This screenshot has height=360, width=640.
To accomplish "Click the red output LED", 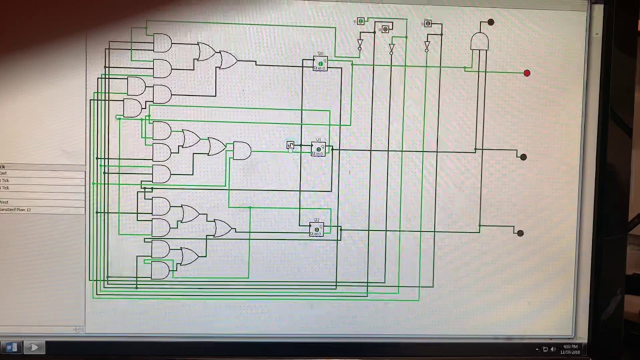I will pyautogui.click(x=526, y=73).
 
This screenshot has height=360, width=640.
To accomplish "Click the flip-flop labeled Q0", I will pyautogui.click(x=320, y=64).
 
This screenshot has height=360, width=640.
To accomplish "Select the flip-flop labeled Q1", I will pyautogui.click(x=318, y=149).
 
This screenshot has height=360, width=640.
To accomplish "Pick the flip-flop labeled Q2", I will pyautogui.click(x=316, y=229).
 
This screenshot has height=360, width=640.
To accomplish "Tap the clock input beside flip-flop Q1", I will pyautogui.click(x=290, y=145).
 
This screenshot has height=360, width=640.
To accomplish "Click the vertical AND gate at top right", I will pyautogui.click(x=479, y=42).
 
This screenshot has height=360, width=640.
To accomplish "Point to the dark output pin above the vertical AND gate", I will pyautogui.click(x=490, y=22).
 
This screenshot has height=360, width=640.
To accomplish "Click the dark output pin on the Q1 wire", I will pyautogui.click(x=523, y=157).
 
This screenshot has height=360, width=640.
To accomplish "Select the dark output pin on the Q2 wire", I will pyautogui.click(x=520, y=233).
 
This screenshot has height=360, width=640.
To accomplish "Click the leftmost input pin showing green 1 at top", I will pyautogui.click(x=360, y=21).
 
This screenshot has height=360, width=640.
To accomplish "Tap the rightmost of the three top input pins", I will pyautogui.click(x=428, y=23).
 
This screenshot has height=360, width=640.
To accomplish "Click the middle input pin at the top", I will pyautogui.click(x=385, y=29).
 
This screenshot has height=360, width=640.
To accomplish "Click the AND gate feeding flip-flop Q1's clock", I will pyautogui.click(x=242, y=150).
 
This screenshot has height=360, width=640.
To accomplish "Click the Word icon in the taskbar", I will pyautogui.click(x=11, y=347).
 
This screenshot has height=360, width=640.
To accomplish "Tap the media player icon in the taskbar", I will pyautogui.click(x=34, y=347).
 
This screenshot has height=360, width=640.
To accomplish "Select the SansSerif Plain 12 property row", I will pyautogui.click(x=42, y=210).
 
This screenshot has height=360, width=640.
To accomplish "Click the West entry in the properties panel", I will pyautogui.click(x=42, y=202).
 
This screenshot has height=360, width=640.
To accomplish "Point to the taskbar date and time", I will pyautogui.click(x=570, y=349).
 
